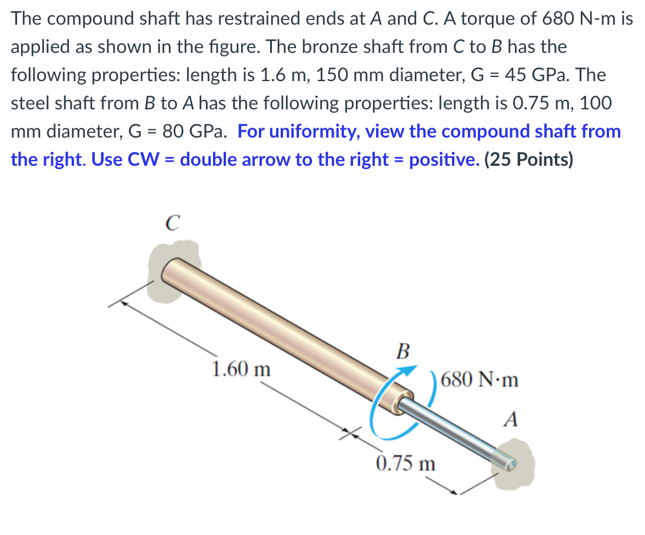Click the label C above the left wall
pos(170,223)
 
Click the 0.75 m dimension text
pos(406,463)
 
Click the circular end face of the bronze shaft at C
pos(171,271)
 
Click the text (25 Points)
pos(528,159)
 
